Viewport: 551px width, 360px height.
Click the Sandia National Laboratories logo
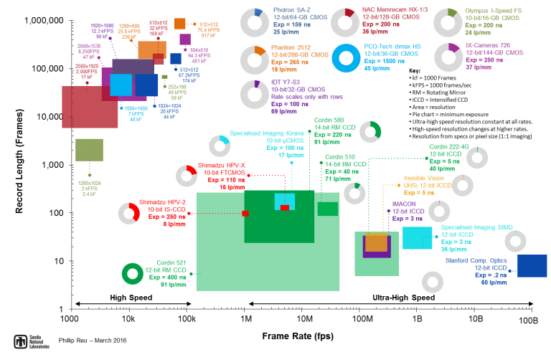pyautogui.click(x=32, y=341)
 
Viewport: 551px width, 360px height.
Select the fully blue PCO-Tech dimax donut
pyautogui.click(x=346, y=59)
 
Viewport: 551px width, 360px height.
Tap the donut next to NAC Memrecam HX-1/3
pyautogui.click(x=345, y=22)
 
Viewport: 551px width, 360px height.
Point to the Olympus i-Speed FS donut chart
pyautogui.click(x=448, y=22)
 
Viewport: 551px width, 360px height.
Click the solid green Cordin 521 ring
pyautogui.click(x=133, y=273)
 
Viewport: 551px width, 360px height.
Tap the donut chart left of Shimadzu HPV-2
pyautogui.click(x=129, y=213)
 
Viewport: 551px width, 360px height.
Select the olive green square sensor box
pyautogui.click(x=89, y=150)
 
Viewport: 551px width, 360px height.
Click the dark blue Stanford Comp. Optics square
pyautogui.click(x=532, y=265)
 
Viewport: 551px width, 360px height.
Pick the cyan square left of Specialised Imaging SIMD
pyautogui.click(x=417, y=238)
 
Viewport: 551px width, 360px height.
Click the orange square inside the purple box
pyautogui.click(x=376, y=242)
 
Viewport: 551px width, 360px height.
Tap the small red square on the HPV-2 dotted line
pyautogui.click(x=245, y=213)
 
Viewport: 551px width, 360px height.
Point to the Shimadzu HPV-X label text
pyautogui.click(x=222, y=165)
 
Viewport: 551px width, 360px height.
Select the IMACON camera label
pyautogui.click(x=405, y=204)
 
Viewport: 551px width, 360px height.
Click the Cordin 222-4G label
pyautogui.click(x=449, y=146)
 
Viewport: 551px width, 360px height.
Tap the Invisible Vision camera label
pyautogui.click(x=424, y=178)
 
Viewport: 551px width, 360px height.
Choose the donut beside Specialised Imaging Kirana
pyautogui.click(x=219, y=146)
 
